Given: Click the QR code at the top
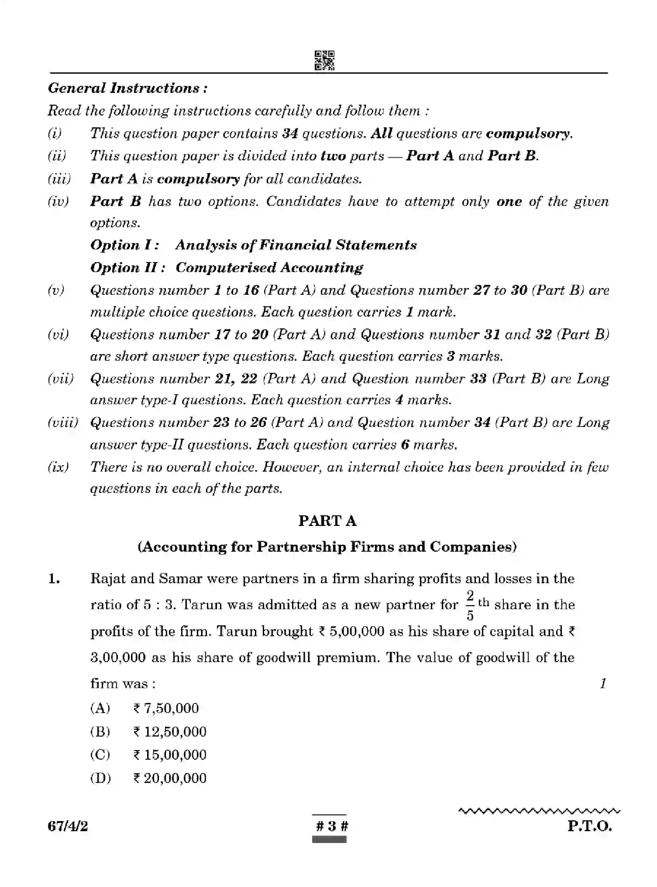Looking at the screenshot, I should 324,60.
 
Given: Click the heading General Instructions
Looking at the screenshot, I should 127,88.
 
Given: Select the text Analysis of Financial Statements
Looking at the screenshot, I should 296,245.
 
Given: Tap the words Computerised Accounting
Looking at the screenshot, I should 269,267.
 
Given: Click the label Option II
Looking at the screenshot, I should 127,267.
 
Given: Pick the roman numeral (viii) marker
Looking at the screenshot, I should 63,422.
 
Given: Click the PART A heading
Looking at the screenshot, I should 327,521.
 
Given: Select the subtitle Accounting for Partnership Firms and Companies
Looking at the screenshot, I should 327,547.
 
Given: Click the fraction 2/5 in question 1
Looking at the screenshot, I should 470,605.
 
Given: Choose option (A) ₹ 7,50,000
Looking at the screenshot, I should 166,708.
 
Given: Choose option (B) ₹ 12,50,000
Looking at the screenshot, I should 170,731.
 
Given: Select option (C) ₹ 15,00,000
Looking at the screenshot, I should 170,754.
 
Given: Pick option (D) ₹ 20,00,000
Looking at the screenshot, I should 170,778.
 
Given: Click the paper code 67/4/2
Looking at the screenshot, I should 68,826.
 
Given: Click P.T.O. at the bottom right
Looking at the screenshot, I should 589,826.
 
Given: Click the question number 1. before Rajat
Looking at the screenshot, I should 54,579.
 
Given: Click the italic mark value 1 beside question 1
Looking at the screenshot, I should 603,683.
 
